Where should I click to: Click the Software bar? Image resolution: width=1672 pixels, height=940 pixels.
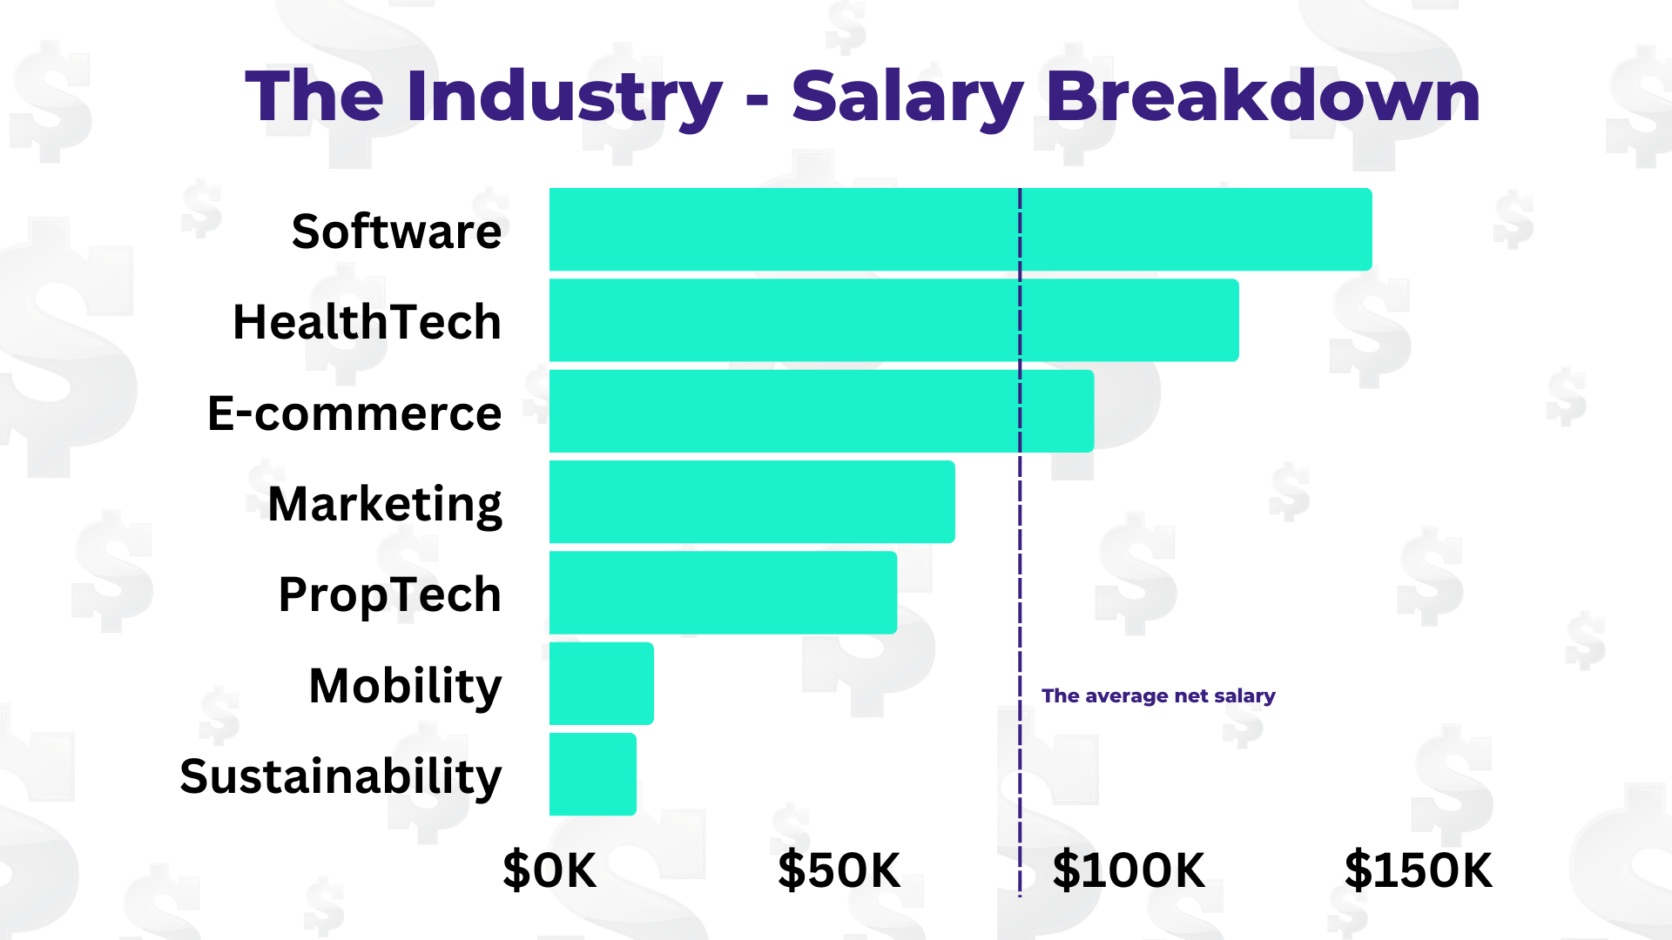[x=958, y=229]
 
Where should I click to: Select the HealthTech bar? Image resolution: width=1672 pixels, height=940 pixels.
[x=893, y=319]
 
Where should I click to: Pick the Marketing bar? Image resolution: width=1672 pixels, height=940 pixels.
[x=752, y=501]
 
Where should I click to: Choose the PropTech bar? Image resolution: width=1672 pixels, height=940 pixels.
[x=723, y=592]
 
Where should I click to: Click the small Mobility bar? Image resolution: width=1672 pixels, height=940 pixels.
[x=601, y=683]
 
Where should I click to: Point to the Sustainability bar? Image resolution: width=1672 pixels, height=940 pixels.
[x=592, y=774]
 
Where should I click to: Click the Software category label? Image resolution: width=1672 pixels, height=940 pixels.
[x=396, y=232]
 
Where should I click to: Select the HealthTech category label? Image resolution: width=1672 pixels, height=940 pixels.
[x=367, y=322]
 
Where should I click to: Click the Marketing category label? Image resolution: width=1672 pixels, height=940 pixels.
[x=384, y=504]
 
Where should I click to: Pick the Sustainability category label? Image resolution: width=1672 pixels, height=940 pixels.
[x=340, y=776]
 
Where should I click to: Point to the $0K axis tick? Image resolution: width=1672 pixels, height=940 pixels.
[x=549, y=869]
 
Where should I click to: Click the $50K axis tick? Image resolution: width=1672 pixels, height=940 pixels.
[x=839, y=869]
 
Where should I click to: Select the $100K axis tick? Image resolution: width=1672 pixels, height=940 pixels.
[x=1129, y=869]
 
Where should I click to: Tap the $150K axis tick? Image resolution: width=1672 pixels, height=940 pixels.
[x=1418, y=869]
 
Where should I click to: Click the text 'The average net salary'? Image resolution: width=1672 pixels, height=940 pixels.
[x=1158, y=695]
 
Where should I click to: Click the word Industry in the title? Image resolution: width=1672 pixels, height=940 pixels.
[x=563, y=96]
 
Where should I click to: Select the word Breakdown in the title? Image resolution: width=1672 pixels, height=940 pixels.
[x=1263, y=96]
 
